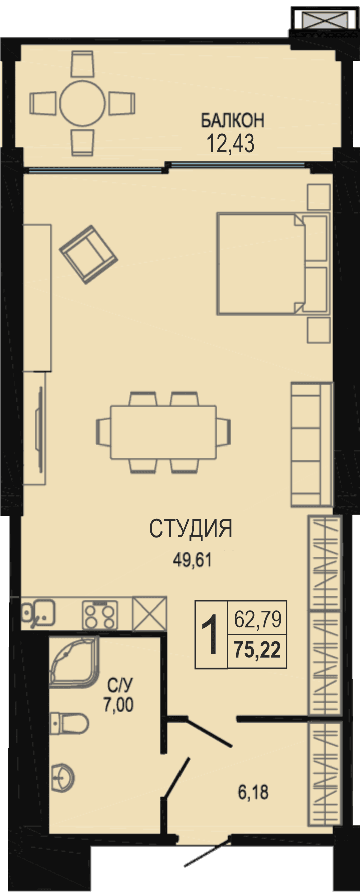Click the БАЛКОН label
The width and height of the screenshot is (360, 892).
pos(232,120)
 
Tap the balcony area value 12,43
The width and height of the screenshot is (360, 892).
pos(231,144)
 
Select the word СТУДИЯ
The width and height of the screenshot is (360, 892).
pos(191,529)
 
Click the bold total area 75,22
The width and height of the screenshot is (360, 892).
pos(257,651)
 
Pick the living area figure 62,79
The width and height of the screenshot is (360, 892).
pos(258,620)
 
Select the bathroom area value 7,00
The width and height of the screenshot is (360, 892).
pos(119,705)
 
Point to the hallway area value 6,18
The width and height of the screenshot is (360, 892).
pos(253,792)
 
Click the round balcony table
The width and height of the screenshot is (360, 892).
pos(82,103)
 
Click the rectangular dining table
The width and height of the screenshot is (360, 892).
pos(163,432)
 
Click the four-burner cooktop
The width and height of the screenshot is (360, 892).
pos(100,614)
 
